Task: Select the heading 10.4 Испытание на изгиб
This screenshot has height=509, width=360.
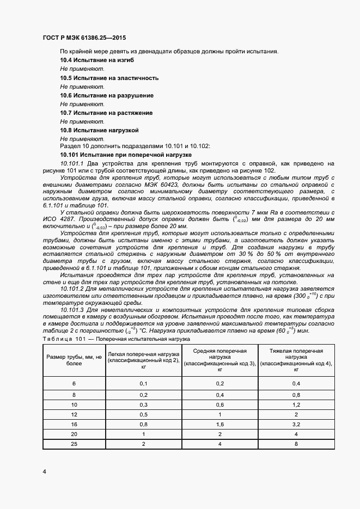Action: tap(96, 60)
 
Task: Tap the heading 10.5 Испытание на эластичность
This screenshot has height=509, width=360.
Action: tap(109, 78)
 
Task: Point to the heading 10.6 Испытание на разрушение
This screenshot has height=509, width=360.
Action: tap(106, 95)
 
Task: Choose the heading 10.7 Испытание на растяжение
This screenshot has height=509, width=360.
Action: tap(106, 113)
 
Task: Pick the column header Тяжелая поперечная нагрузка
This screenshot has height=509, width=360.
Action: tap(295, 360)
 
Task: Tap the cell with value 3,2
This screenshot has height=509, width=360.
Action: tap(295, 424)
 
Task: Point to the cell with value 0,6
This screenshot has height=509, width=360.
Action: tap(219, 404)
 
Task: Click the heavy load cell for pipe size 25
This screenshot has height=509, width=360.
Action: tap(295, 444)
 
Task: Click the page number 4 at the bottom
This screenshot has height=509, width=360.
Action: tap(44, 471)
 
